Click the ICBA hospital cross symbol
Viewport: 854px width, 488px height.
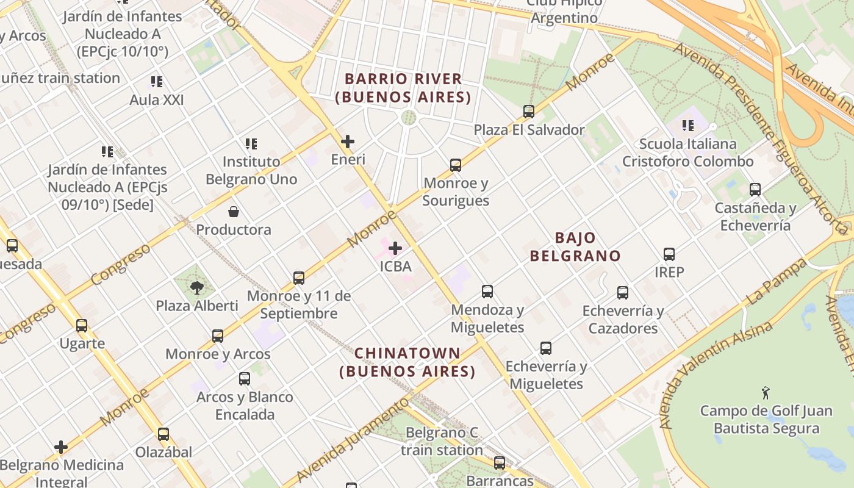point(395,248)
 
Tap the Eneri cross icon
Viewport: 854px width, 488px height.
point(348,142)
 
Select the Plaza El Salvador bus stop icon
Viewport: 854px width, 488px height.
point(529,112)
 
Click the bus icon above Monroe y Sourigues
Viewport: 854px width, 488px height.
point(455,165)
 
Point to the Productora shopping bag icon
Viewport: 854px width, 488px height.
point(233,212)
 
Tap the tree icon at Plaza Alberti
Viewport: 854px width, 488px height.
point(196,287)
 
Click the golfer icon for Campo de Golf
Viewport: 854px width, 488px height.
point(766,393)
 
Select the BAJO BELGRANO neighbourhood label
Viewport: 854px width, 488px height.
point(575,246)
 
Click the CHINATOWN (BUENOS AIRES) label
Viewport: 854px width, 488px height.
point(407,362)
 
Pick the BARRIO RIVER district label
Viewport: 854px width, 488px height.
point(403,88)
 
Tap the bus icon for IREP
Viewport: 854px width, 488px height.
point(669,254)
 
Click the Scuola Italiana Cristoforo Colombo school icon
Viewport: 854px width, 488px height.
point(688,126)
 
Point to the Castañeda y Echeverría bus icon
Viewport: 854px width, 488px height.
point(755,190)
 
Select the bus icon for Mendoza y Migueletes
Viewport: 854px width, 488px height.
point(487,292)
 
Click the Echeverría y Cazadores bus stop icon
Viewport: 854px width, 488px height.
point(622,293)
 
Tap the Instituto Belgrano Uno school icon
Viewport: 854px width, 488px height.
point(251,144)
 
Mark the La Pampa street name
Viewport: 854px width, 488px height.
point(776,282)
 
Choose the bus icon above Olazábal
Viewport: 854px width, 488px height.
point(163,434)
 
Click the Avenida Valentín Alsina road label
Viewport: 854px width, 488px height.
point(715,375)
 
